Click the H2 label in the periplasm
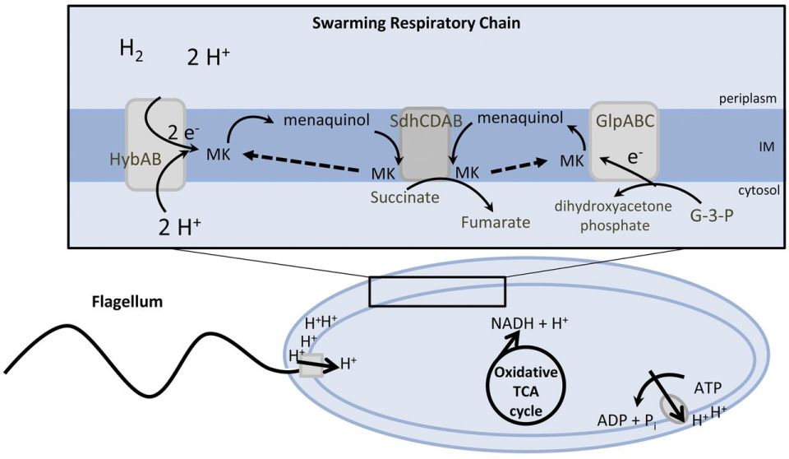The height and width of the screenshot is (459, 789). pos(131,52)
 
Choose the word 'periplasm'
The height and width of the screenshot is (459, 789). pos(748,99)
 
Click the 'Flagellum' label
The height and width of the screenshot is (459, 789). pos(127,302)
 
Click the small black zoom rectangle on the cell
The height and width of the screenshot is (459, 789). pos(436,292)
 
